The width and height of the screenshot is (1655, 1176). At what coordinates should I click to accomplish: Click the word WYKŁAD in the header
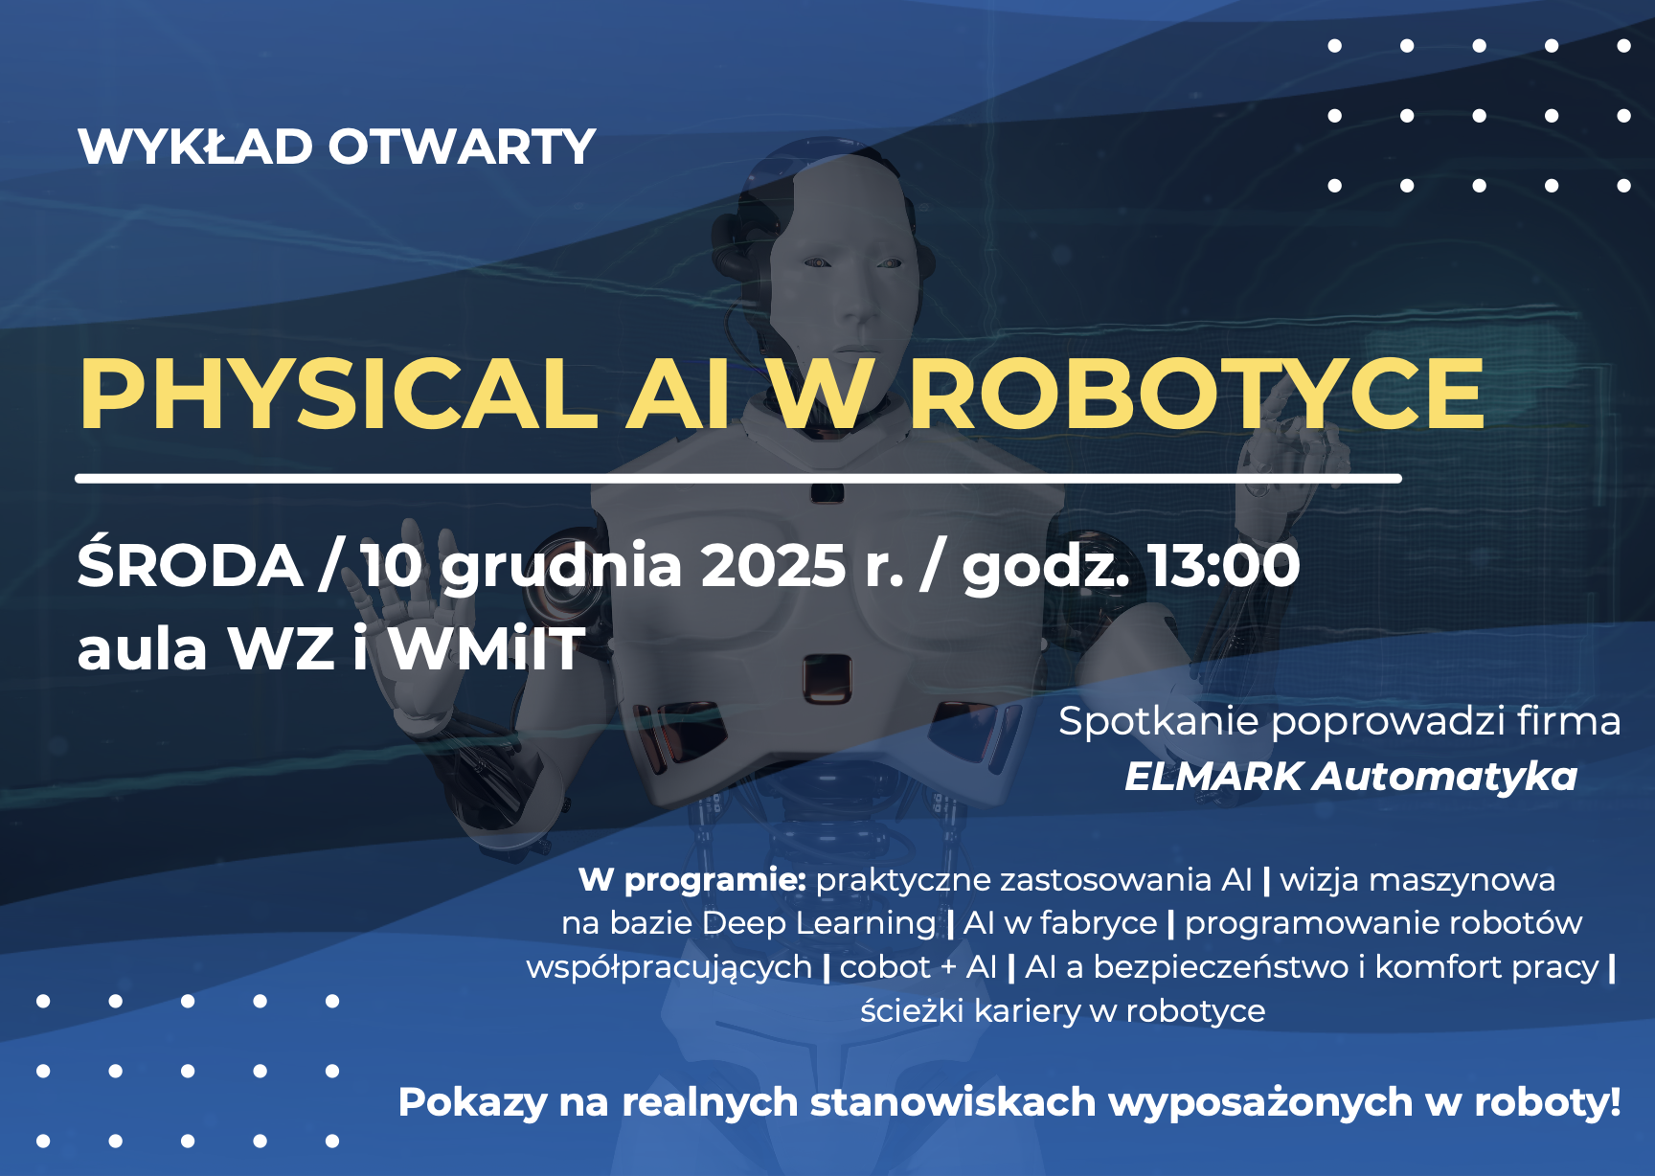195,147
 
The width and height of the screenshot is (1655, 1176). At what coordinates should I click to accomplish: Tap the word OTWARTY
463,147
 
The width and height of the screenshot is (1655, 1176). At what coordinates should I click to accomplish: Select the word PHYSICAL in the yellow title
339,394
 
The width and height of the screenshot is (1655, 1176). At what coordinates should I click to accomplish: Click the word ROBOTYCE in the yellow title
1197,394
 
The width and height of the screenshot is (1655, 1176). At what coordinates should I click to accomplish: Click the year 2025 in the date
773,566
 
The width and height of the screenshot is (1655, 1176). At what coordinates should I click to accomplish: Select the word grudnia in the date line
560,569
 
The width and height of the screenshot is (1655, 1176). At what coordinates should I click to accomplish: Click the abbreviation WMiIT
487,648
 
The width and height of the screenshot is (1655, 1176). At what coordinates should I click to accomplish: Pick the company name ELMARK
1213,777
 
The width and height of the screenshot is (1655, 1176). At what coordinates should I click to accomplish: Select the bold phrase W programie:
692,880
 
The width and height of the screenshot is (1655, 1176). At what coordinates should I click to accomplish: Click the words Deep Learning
819,923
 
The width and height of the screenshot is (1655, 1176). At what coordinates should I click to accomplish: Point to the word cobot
884,967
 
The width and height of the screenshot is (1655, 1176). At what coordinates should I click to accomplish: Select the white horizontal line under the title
738,478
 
